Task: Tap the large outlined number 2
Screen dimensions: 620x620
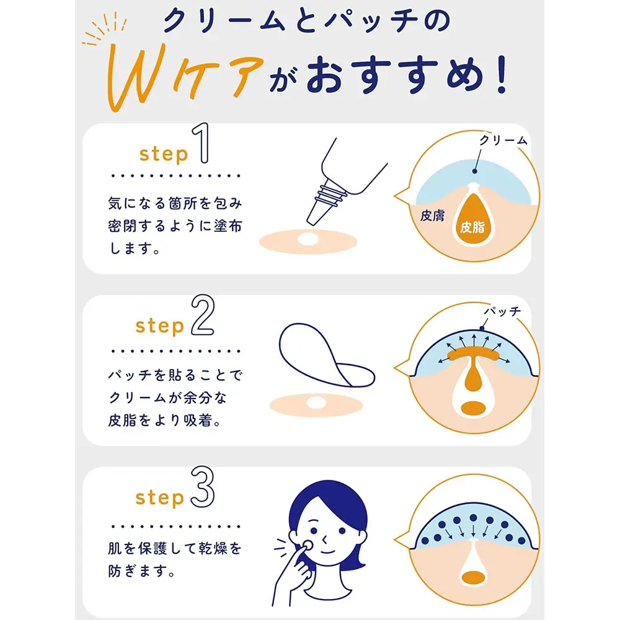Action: [x=203, y=316]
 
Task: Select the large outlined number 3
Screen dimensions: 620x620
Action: [x=203, y=487]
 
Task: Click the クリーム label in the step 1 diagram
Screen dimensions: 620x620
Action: [x=503, y=140]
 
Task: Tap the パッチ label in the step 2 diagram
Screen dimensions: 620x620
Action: [x=503, y=312]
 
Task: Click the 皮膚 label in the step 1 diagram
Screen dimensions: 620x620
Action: [x=432, y=216]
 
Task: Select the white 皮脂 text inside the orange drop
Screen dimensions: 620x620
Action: [x=472, y=227]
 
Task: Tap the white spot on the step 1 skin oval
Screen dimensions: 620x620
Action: [x=308, y=239]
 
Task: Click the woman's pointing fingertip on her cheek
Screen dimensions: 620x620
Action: [x=306, y=545]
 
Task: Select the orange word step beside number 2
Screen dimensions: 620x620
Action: [x=160, y=326]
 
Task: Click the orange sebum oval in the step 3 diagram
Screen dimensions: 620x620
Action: [x=473, y=578]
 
